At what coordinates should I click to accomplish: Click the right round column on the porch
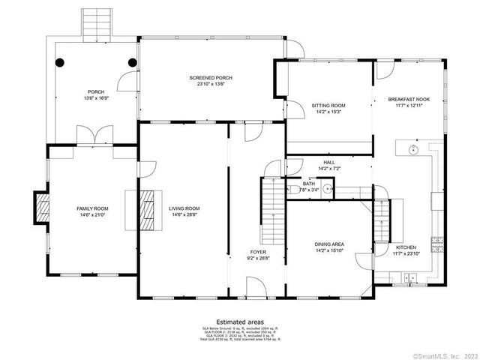pos(132,63)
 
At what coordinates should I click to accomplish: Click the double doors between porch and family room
pos(94,137)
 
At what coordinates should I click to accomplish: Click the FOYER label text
pos(258,252)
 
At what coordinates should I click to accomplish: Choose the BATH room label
pos(309,184)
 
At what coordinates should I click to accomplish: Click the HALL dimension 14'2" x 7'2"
pos(329,169)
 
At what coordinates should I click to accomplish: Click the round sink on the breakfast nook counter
pos(412,149)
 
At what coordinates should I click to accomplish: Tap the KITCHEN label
pos(406,247)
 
